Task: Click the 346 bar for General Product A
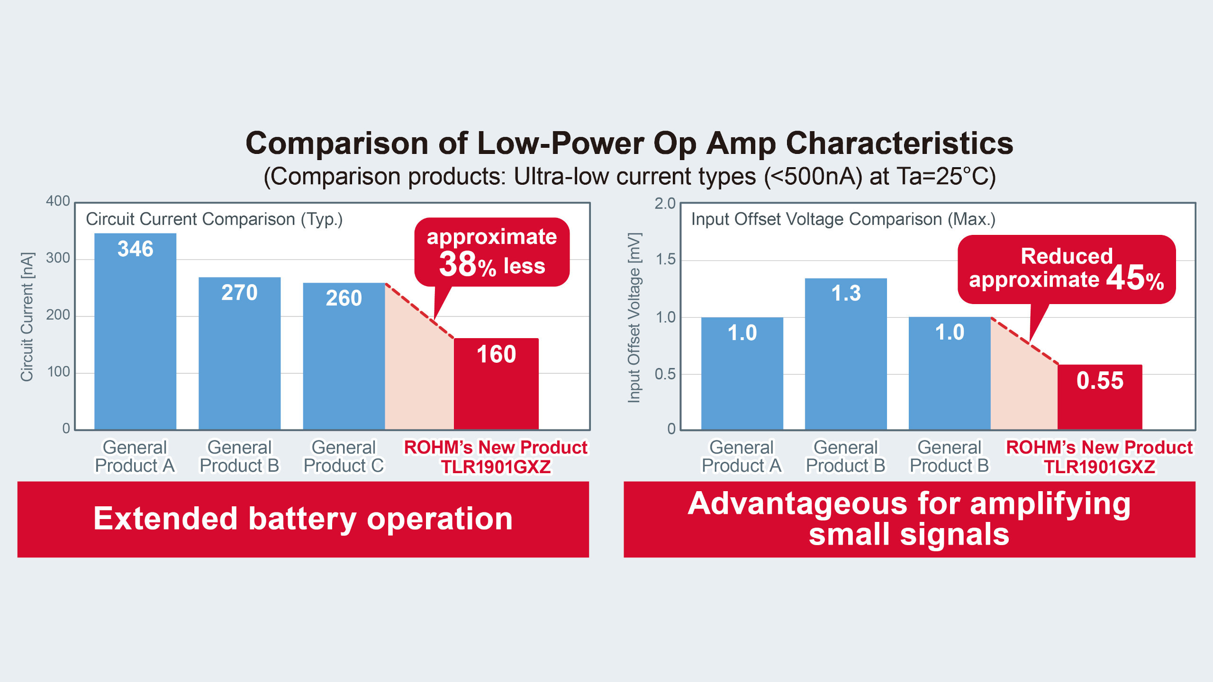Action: click(135, 332)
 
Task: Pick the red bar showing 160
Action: click(496, 384)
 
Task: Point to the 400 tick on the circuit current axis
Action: click(58, 201)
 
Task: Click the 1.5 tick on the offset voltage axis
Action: click(665, 260)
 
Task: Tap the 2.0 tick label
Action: click(665, 204)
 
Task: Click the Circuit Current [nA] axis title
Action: click(27, 316)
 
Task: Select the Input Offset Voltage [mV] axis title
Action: click(634, 317)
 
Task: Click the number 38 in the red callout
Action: click(457, 264)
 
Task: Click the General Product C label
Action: click(344, 457)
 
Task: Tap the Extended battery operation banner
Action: click(303, 519)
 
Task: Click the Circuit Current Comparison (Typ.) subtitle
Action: click(214, 219)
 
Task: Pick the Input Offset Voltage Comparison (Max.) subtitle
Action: click(843, 219)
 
